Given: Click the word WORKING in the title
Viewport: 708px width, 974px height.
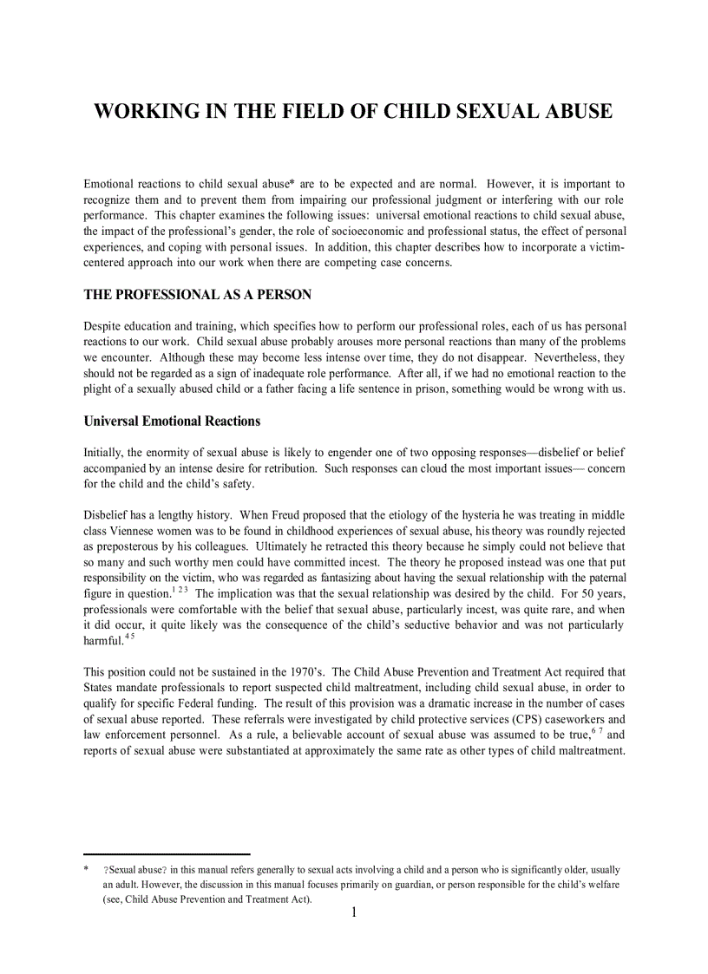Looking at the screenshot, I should pyautogui.click(x=142, y=111).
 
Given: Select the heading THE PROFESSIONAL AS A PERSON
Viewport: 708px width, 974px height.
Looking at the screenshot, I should pyautogui.click(x=197, y=295).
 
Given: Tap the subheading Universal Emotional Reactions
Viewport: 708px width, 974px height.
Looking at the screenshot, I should pyautogui.click(x=172, y=421).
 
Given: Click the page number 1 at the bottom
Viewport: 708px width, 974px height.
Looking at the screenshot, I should pyautogui.click(x=354, y=912).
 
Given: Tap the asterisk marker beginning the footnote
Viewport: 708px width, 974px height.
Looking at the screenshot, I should pyautogui.click(x=87, y=869).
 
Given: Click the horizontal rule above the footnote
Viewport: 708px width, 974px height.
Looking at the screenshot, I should pyautogui.click(x=167, y=853).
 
